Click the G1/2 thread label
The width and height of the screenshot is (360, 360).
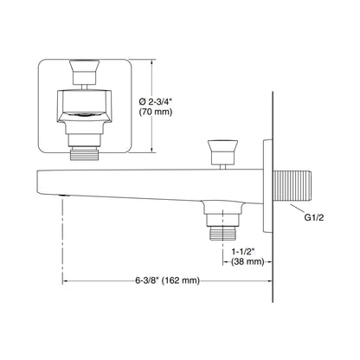tap(314, 217)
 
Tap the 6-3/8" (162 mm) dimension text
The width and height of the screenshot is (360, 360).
tap(167, 280)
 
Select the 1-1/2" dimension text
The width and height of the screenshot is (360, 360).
tap(244, 252)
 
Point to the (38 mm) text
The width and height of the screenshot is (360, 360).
tap(247, 261)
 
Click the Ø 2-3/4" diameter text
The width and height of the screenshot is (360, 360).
tap(156, 101)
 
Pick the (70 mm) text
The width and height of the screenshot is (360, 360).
tap(156, 112)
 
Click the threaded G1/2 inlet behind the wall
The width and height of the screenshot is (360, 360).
tap(292, 186)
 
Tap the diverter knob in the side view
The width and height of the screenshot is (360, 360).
tap(222, 152)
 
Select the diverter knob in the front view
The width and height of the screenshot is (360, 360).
tap(85, 72)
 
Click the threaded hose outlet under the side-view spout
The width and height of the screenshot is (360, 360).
tap(222, 233)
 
